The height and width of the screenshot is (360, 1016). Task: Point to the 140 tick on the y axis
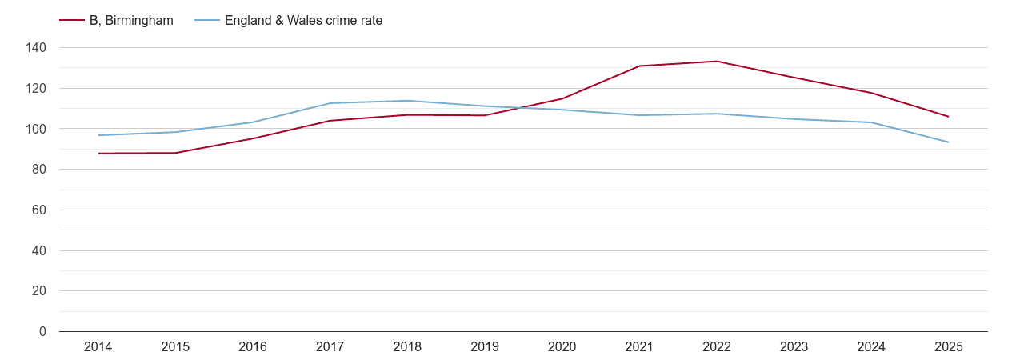coord(36,48)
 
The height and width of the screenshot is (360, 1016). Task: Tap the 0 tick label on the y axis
coord(42,332)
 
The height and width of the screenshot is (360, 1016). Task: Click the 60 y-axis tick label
coord(39,210)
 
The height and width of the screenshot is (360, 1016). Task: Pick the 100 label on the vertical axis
coord(36,129)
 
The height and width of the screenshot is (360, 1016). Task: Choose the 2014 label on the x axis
coord(98,347)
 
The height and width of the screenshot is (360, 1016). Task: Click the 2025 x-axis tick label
coord(949,347)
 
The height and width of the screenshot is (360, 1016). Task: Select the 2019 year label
coord(485,347)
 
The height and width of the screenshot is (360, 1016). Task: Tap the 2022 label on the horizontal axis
coord(717,347)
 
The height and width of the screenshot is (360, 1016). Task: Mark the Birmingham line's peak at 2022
coord(717,62)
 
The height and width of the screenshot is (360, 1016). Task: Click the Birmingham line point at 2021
coord(639,66)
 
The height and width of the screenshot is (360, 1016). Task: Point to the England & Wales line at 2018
coord(407,101)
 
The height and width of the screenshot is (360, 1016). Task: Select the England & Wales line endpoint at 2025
coord(949,142)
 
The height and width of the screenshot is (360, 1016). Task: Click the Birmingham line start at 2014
coord(98,153)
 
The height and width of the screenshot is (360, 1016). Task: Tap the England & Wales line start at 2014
coord(98,135)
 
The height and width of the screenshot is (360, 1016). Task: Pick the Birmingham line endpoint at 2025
coord(949,117)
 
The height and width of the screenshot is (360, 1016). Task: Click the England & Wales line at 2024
coord(871,122)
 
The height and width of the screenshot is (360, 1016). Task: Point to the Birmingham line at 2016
coord(253,138)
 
